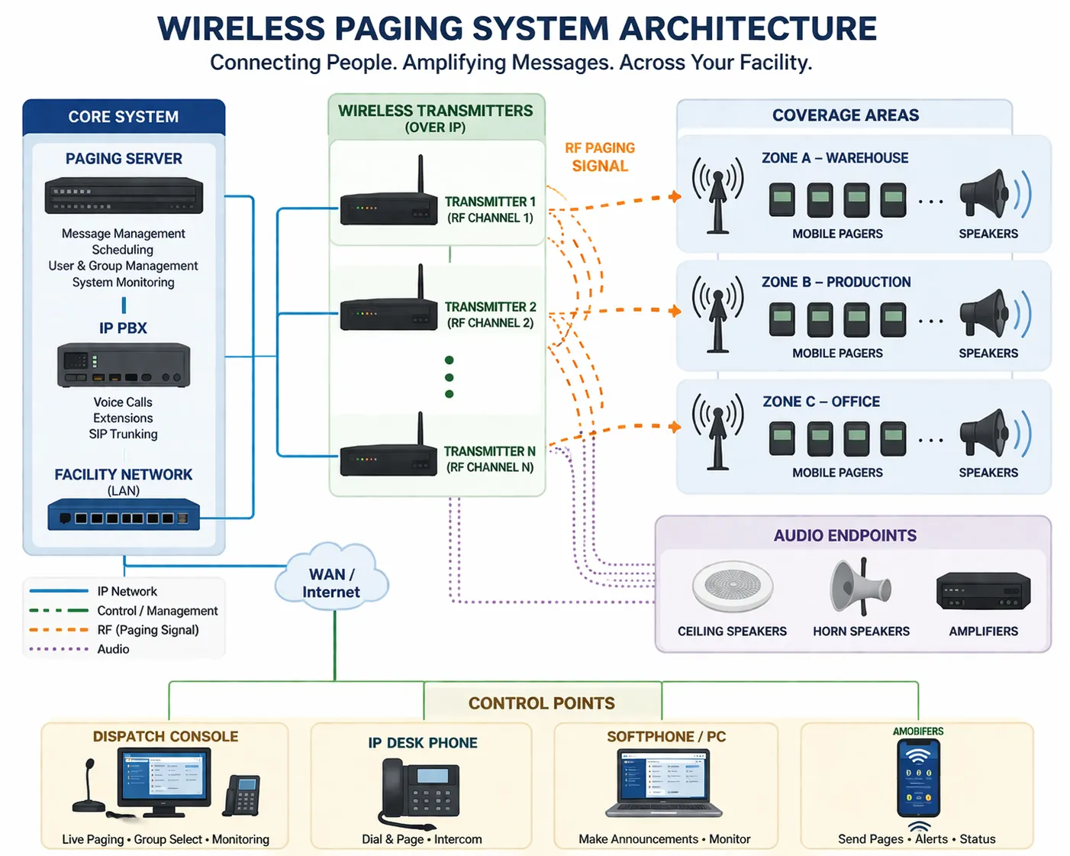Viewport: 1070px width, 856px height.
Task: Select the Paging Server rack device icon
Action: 124,195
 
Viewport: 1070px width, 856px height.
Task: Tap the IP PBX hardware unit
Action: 124,365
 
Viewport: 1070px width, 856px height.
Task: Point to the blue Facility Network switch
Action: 124,515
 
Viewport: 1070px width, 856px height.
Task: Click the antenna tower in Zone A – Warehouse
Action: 717,195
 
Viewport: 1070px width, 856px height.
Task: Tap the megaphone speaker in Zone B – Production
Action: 986,314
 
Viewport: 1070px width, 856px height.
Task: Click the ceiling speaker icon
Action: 732,586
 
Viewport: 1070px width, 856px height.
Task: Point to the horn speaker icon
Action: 859,586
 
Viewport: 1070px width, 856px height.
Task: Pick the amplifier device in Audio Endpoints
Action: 983,592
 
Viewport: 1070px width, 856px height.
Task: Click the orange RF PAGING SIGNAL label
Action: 600,157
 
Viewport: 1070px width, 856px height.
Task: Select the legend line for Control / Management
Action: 59,611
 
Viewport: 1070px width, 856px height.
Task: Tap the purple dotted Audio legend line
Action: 59,649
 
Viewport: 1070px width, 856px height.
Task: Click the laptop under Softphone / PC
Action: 664,783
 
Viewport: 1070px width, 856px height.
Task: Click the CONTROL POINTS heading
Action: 541,703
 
